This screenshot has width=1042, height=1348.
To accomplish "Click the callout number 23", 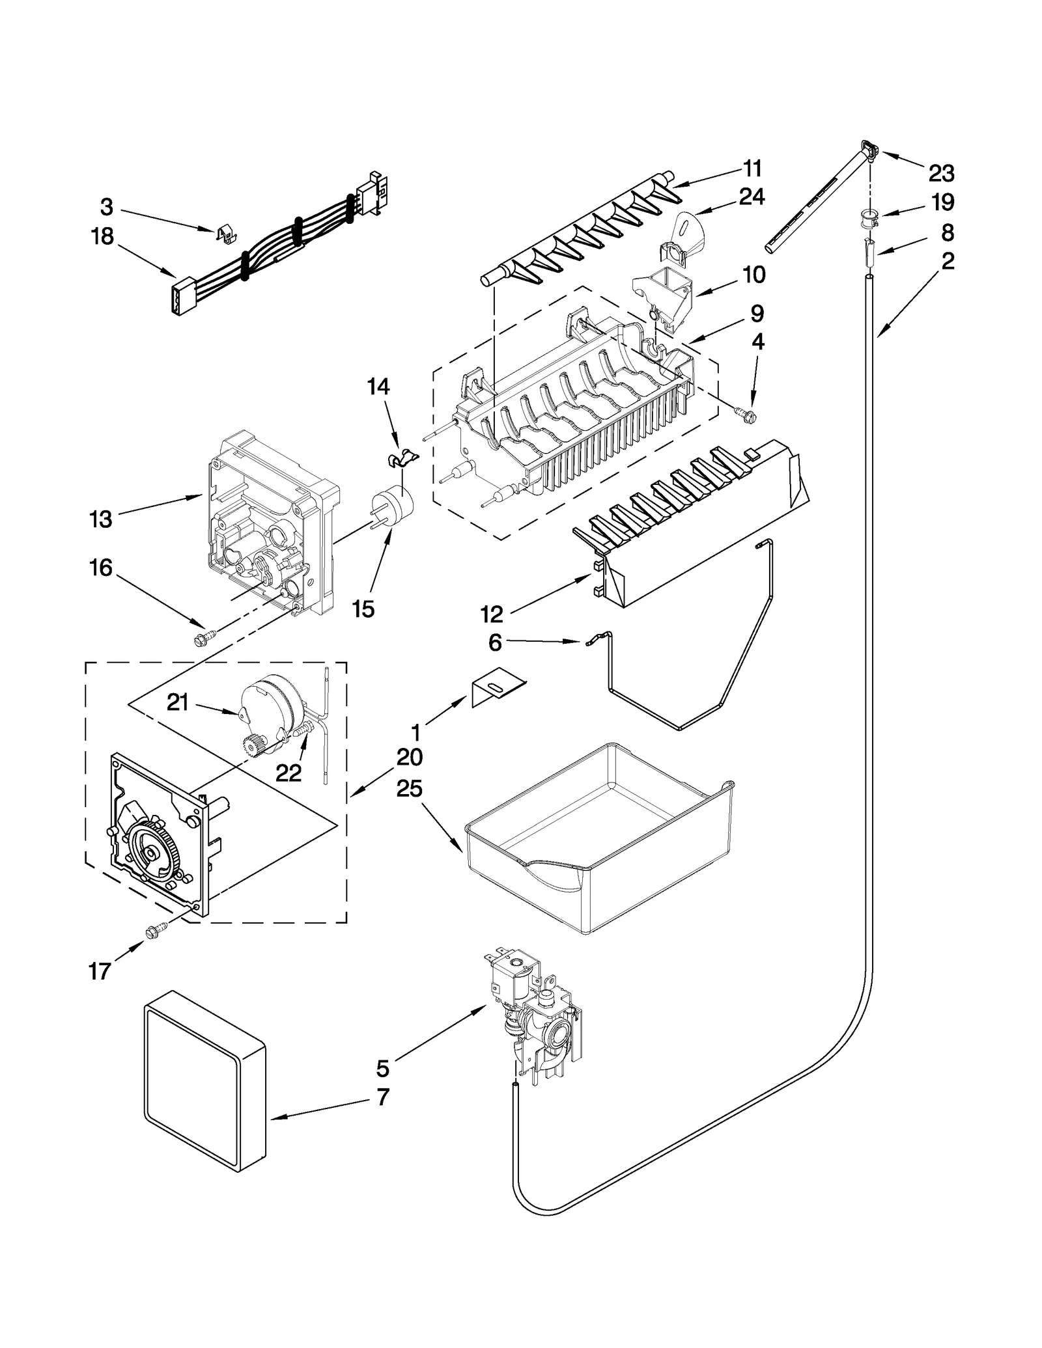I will [941, 173].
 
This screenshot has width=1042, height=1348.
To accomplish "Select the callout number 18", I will [102, 236].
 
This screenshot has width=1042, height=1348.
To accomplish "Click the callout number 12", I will [492, 613].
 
